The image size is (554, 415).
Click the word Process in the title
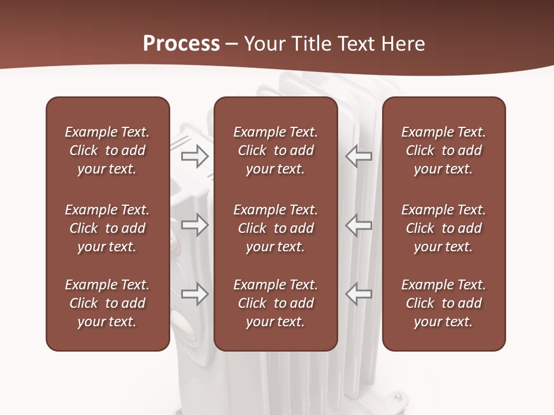point(181,44)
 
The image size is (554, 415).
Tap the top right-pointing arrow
point(195,156)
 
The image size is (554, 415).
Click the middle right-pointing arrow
point(195,225)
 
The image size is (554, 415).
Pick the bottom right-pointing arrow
point(195,294)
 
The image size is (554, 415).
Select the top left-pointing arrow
point(358,156)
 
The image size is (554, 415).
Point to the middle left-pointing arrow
point(358,225)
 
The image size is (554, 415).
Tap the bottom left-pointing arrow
point(358,294)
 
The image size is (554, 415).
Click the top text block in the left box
point(107,150)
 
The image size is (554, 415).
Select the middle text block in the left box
point(107,228)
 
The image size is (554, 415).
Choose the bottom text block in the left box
point(107,303)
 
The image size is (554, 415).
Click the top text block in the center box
point(275,150)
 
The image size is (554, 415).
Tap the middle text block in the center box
point(275,228)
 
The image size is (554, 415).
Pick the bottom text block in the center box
point(275,303)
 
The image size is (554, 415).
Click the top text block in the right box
point(444,150)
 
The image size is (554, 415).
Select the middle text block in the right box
point(444,228)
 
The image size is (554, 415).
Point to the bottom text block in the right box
point(444,303)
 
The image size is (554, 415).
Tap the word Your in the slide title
point(264,44)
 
